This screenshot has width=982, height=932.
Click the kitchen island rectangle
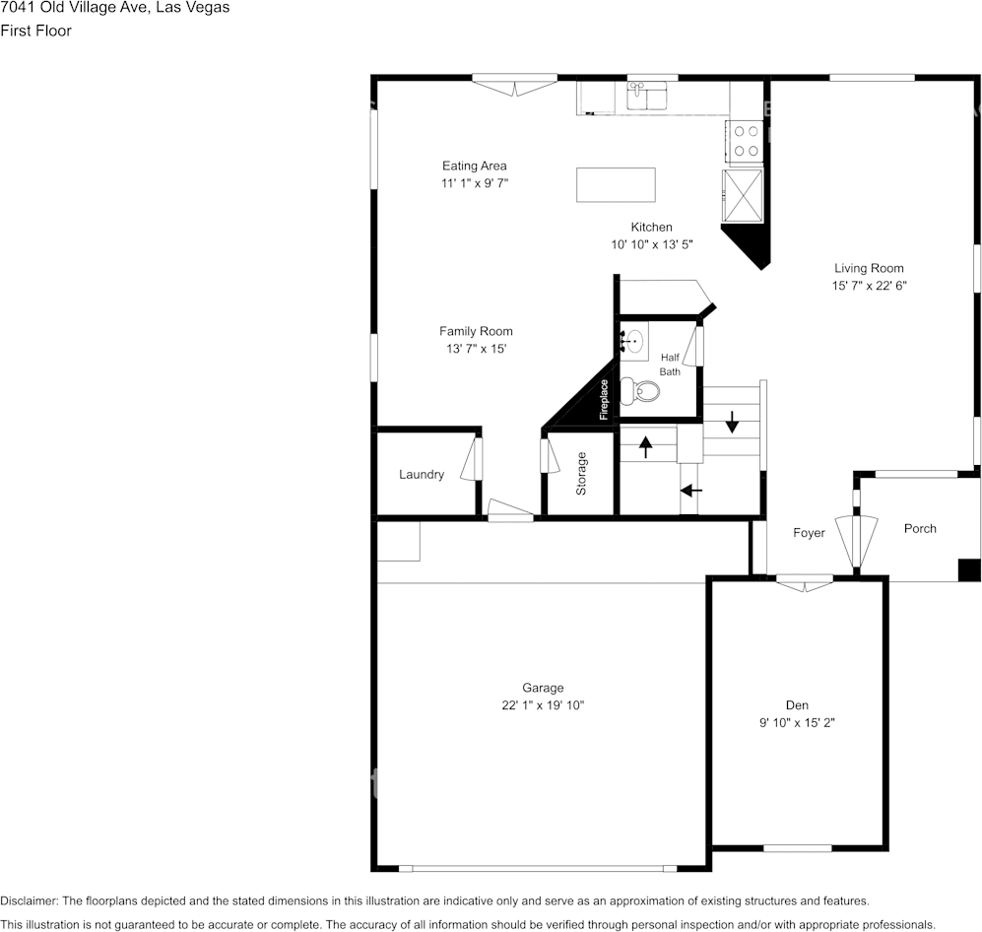tap(616, 184)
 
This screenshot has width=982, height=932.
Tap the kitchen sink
tap(645, 97)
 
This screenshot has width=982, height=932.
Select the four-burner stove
tap(746, 140)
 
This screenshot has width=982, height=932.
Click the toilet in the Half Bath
tap(641, 390)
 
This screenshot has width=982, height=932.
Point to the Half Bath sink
tap(633, 343)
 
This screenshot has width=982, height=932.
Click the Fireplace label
tap(604, 399)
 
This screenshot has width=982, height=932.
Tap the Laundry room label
tap(422, 474)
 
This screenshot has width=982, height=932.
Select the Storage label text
tap(581, 473)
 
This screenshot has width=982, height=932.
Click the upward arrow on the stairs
tap(646, 446)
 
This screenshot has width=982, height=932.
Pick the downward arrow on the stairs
tap(732, 422)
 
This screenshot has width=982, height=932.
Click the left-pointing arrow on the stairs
tap(691, 490)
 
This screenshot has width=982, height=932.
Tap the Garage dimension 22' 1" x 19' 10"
tap(543, 705)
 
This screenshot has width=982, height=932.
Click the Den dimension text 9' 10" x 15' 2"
tap(797, 722)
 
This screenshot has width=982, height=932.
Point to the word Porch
tap(920, 528)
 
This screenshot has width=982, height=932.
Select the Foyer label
tap(809, 533)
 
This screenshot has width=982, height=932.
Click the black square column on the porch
tap(969, 569)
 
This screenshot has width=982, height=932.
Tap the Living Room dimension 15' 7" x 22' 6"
tap(869, 286)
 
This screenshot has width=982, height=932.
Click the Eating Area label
tap(474, 166)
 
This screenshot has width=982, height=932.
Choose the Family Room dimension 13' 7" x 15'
tap(476, 349)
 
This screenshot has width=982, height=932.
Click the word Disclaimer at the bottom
tap(30, 900)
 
